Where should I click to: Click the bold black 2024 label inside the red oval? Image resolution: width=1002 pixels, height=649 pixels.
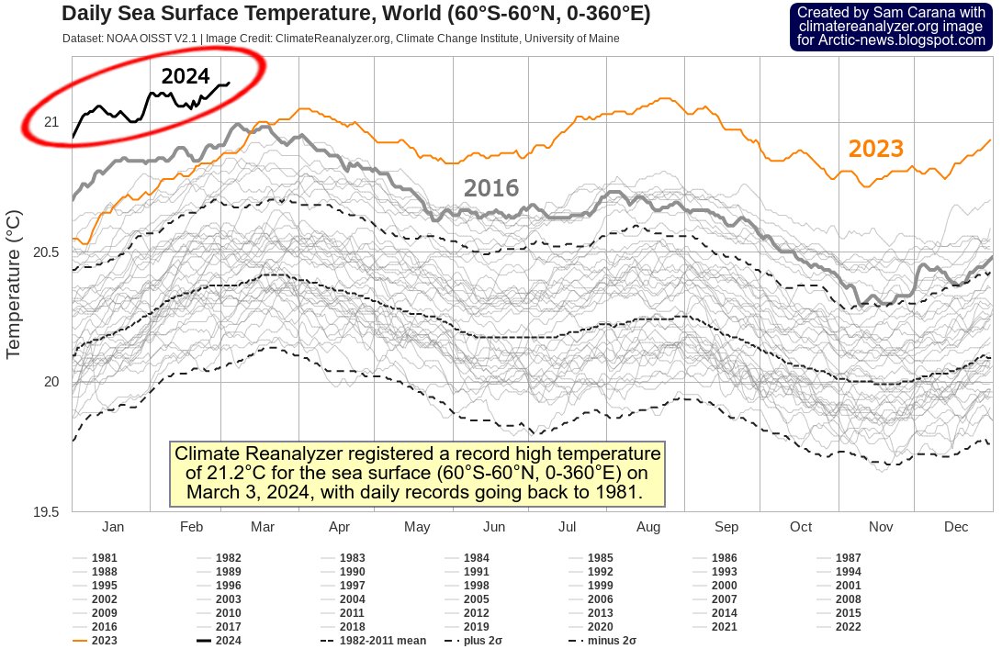(186, 76)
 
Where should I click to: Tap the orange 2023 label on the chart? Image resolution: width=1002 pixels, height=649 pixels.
(875, 149)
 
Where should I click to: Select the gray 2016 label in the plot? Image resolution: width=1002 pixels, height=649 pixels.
(491, 188)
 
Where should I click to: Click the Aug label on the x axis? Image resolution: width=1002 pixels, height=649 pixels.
(648, 527)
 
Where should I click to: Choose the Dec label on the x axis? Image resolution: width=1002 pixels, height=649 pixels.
(956, 527)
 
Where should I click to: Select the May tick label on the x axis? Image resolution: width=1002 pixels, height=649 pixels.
(417, 527)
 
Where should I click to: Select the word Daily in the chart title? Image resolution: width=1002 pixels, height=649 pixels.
(89, 14)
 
